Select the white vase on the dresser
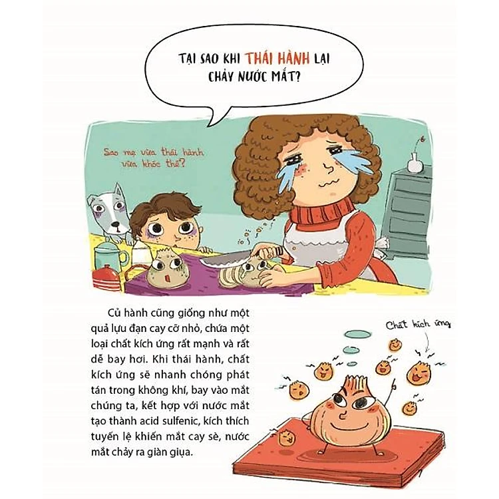pos(415,162)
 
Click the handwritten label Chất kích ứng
pos(418,325)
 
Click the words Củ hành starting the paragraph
pos(128,313)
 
